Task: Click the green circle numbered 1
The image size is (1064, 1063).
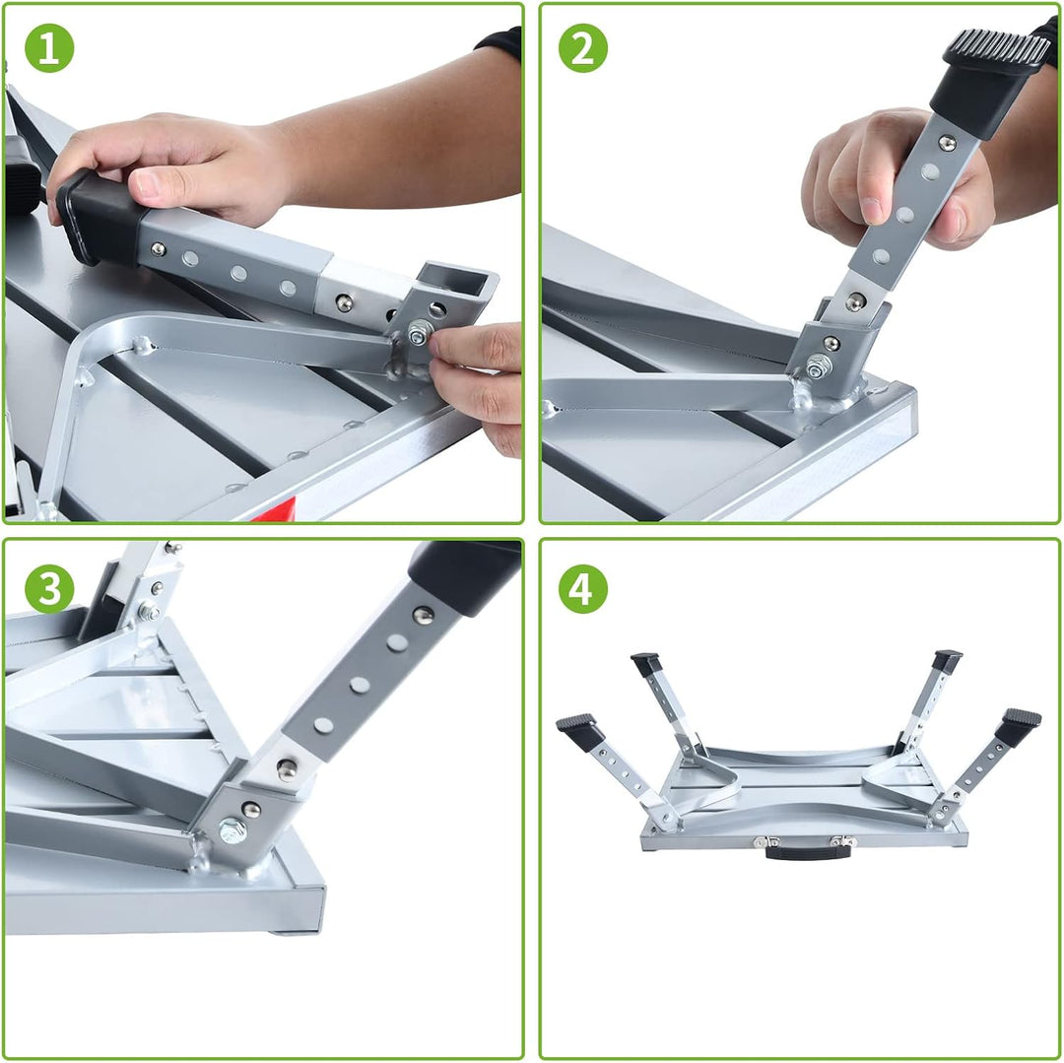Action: point(49,48)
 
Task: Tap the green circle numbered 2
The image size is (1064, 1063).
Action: point(583,48)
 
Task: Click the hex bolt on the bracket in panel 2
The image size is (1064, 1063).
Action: point(818,368)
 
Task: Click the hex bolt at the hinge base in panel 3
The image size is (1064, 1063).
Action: point(233,829)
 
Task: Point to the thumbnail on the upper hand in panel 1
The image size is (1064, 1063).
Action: point(148,184)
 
